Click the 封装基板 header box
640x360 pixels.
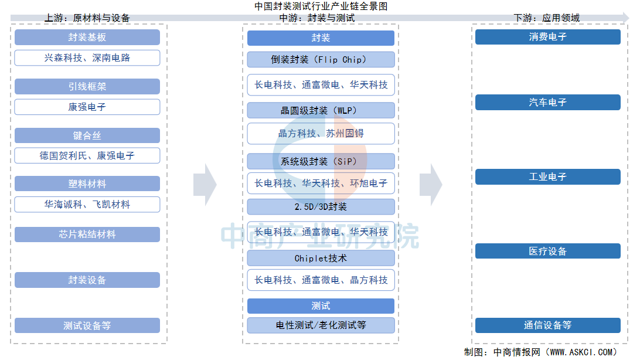87,38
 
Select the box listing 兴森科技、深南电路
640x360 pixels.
87,58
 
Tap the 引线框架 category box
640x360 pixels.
87,87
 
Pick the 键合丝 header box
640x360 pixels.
87,135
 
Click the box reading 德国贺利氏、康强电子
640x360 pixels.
87,156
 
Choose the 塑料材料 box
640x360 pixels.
87,184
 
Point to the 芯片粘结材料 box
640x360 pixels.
87,235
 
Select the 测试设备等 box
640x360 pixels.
87,325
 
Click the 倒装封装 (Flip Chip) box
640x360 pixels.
321,59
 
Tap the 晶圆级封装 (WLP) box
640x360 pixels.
321,110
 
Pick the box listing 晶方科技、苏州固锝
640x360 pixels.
321,134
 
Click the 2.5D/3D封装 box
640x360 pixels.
321,206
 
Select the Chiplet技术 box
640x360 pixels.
321,258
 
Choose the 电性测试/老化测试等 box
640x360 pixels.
321,325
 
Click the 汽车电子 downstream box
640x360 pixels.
547,103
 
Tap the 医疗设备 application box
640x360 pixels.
547,252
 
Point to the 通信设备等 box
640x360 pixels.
547,325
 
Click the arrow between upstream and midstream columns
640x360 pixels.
205,185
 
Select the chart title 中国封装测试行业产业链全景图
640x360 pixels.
321,6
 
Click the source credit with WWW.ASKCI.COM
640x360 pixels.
540,352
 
